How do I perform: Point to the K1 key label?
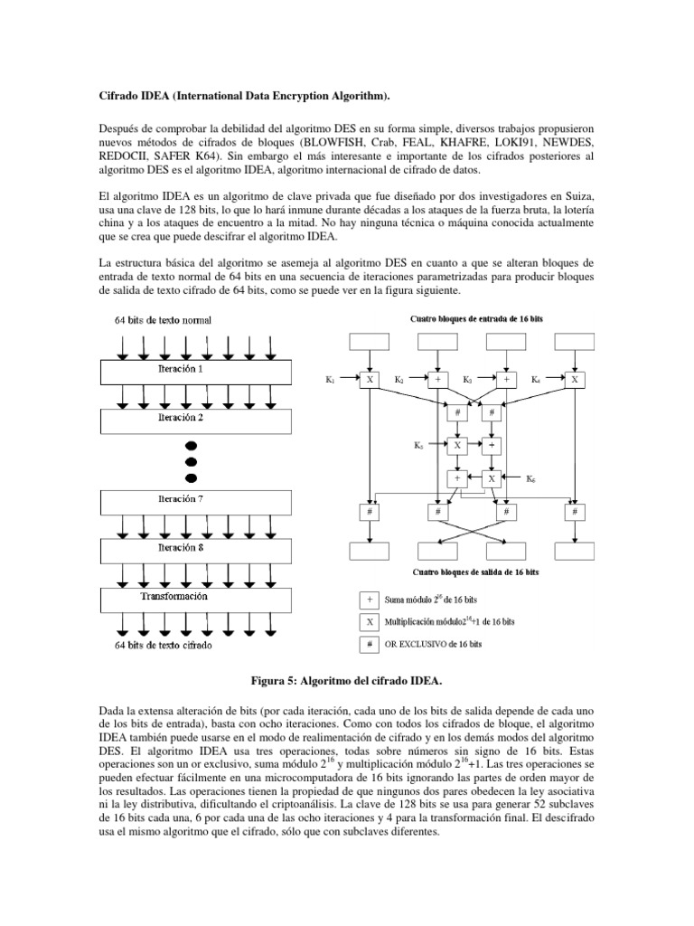(330, 382)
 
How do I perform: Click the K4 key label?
(536, 382)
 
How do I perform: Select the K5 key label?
(417, 446)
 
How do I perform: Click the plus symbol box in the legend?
(369, 598)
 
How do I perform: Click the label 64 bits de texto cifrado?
(168, 645)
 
